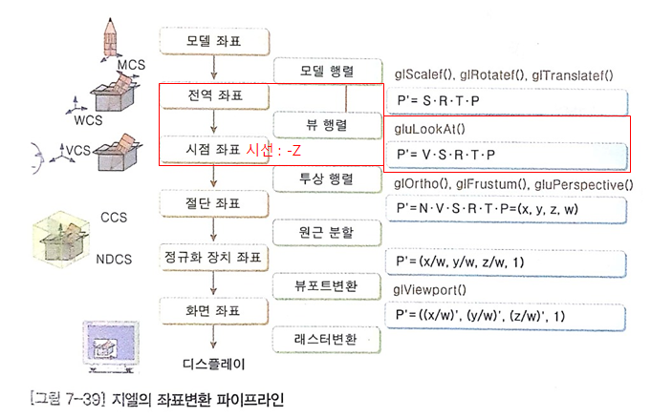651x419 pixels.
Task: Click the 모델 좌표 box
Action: pos(215,41)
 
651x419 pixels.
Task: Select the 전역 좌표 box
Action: pos(215,95)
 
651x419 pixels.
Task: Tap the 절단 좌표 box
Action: pos(215,203)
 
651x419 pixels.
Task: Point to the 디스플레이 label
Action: pos(214,365)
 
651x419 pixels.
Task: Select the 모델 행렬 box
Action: pos(327,71)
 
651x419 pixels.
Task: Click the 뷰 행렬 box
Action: pos(327,125)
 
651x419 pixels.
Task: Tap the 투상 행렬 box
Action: pos(327,179)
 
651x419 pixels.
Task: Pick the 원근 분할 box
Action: pos(327,233)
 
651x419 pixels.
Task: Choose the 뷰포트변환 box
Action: pos(327,286)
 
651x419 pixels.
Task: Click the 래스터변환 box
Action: pos(327,340)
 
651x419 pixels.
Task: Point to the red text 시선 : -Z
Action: pos(273,150)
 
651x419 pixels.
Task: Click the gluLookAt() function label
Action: pos(430,129)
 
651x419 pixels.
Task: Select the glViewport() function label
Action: pos(430,290)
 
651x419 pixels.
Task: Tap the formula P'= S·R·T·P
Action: pos(438,101)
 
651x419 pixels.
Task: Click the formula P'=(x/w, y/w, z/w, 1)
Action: pos(460,262)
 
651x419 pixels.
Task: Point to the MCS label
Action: pos(131,65)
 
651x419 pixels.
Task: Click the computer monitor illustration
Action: pos(111,347)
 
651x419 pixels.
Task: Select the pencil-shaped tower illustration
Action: pos(111,38)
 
